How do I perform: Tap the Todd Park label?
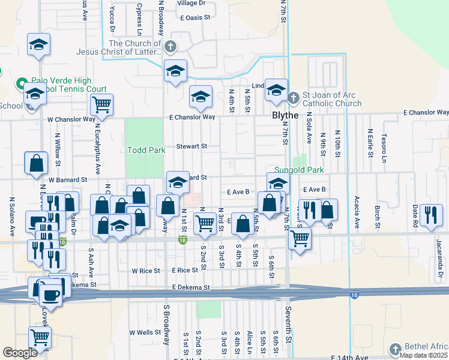pos(146,150)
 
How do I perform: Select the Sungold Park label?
pos(299,170)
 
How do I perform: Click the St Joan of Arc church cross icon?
pos(294,97)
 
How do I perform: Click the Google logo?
pos(20,353)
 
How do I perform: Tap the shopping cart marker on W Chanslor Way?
pos(101,105)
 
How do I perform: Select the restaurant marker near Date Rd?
pos(431,214)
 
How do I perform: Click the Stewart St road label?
pos(191,146)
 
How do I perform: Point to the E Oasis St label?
pos(196,18)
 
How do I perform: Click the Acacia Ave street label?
pos(357,214)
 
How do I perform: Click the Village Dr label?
pos(191,3)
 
